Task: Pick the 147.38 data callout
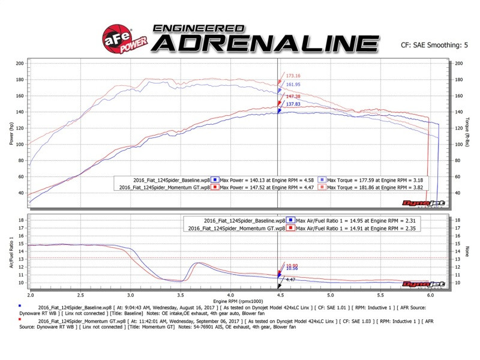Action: point(293,96)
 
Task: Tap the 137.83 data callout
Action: point(293,104)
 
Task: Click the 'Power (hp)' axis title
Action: point(10,133)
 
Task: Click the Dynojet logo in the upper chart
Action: point(430,203)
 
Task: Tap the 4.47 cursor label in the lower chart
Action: point(289,280)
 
